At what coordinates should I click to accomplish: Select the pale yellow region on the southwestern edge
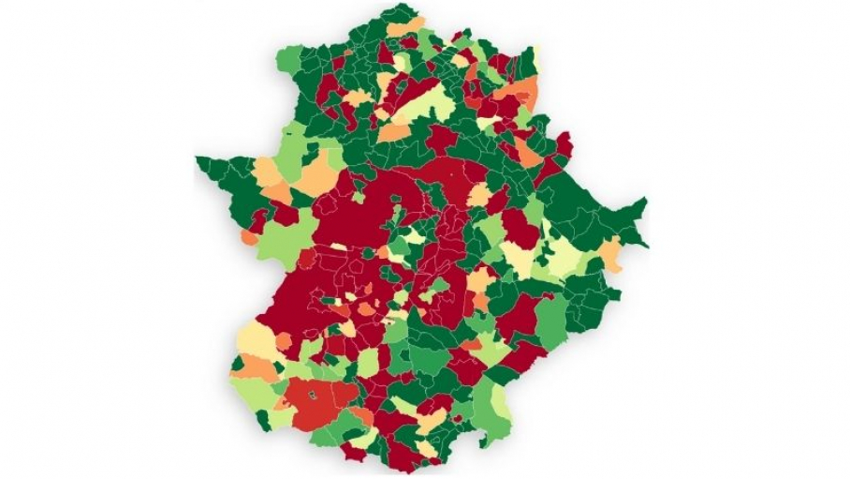253,340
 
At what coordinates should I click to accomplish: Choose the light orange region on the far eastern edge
611,253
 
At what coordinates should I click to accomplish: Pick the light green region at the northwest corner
289,61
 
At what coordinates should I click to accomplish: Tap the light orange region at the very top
405,26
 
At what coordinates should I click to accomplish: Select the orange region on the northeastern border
524,92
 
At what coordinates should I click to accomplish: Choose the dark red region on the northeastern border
564,144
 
